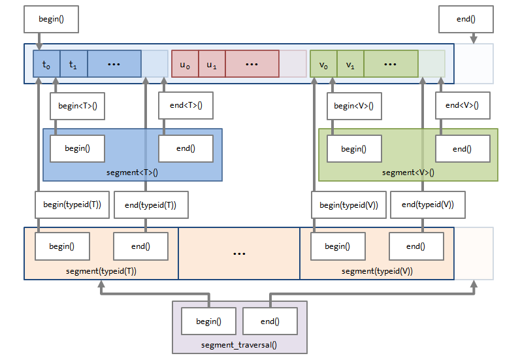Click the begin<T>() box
click(77, 106)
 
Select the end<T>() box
click(186, 106)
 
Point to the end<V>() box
click(463, 106)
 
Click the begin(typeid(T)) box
click(72, 205)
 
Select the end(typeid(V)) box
click(427, 205)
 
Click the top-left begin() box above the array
click(51, 19)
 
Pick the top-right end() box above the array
click(466, 19)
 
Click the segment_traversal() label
click(239, 344)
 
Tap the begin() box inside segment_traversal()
click(208, 321)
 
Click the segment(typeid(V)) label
click(377, 270)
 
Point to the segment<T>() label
click(132, 172)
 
